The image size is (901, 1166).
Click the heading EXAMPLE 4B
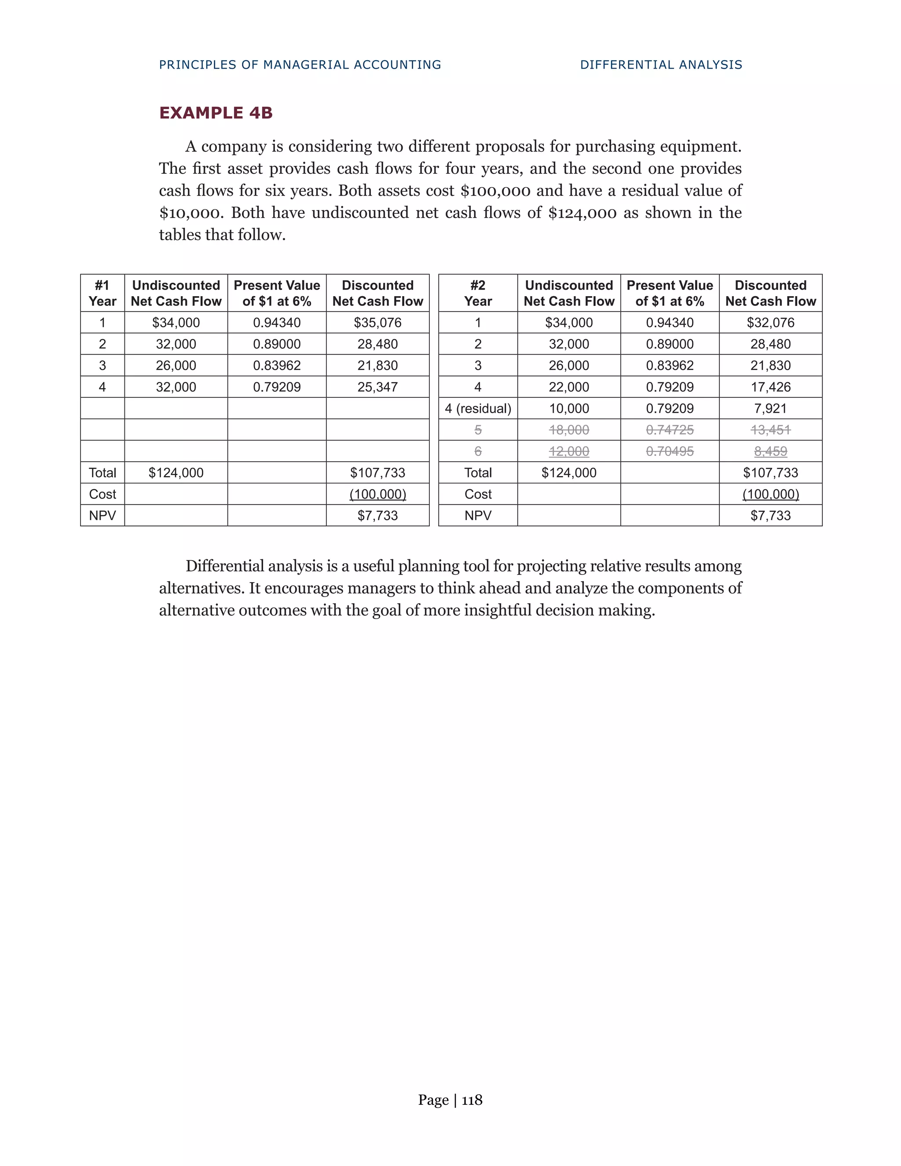(x=216, y=113)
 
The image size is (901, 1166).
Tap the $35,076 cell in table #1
(x=377, y=323)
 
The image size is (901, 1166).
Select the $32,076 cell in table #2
(x=770, y=323)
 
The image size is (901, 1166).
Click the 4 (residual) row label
(x=478, y=408)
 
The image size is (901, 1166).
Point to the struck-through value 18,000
(x=568, y=430)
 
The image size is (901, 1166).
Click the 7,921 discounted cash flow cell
(x=770, y=408)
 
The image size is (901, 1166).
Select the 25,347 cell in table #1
(x=377, y=387)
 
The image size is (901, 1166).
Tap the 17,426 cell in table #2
(x=770, y=387)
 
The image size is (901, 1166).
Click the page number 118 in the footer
(x=472, y=1100)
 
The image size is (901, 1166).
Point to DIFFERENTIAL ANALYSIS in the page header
(x=661, y=65)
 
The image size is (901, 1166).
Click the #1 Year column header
(x=103, y=293)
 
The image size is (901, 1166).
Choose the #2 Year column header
(x=478, y=293)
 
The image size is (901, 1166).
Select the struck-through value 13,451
(x=770, y=430)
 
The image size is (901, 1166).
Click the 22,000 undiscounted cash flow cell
(x=568, y=387)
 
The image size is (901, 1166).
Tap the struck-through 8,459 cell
(x=770, y=451)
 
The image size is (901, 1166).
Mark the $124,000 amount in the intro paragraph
(x=582, y=213)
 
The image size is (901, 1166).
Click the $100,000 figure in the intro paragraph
(x=495, y=191)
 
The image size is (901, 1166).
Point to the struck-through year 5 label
(x=478, y=430)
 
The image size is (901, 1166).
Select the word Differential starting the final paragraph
(x=225, y=566)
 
